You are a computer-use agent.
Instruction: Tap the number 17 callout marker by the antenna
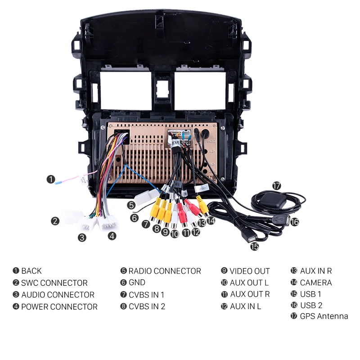click(x=276, y=185)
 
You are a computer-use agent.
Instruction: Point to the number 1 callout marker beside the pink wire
click(x=51, y=180)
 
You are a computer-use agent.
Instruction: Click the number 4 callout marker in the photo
click(x=112, y=235)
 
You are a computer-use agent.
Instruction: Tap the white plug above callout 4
click(x=108, y=222)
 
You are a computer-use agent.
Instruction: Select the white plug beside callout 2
click(x=72, y=216)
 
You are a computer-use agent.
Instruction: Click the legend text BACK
click(x=31, y=271)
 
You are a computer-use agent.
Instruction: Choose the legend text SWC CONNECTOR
click(x=54, y=283)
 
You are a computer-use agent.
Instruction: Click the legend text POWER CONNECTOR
click(x=59, y=307)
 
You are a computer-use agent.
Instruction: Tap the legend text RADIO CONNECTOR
click(x=165, y=271)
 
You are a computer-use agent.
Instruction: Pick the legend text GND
click(x=137, y=283)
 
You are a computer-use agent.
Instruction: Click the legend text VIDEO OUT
click(x=249, y=271)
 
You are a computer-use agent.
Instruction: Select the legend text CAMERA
click(x=315, y=283)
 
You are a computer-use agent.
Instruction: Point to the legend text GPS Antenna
click(x=324, y=316)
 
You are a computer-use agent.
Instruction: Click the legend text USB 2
click(x=311, y=305)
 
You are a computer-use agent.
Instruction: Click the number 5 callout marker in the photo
click(x=131, y=205)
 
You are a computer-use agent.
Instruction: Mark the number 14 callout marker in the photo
click(x=211, y=220)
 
